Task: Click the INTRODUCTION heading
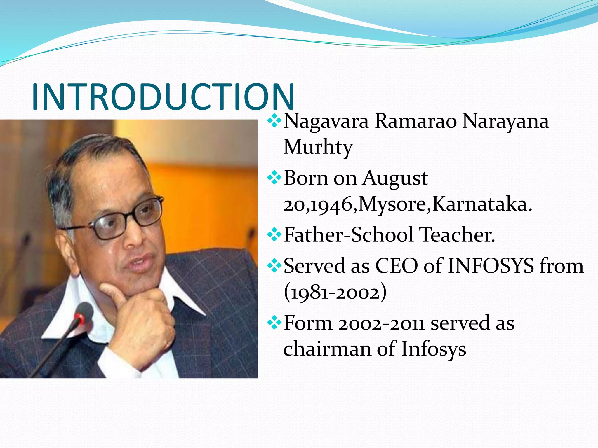coord(163,97)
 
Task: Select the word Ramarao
coord(416,121)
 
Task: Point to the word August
coord(396,178)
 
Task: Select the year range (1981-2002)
coord(335,292)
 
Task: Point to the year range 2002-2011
coord(381,323)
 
